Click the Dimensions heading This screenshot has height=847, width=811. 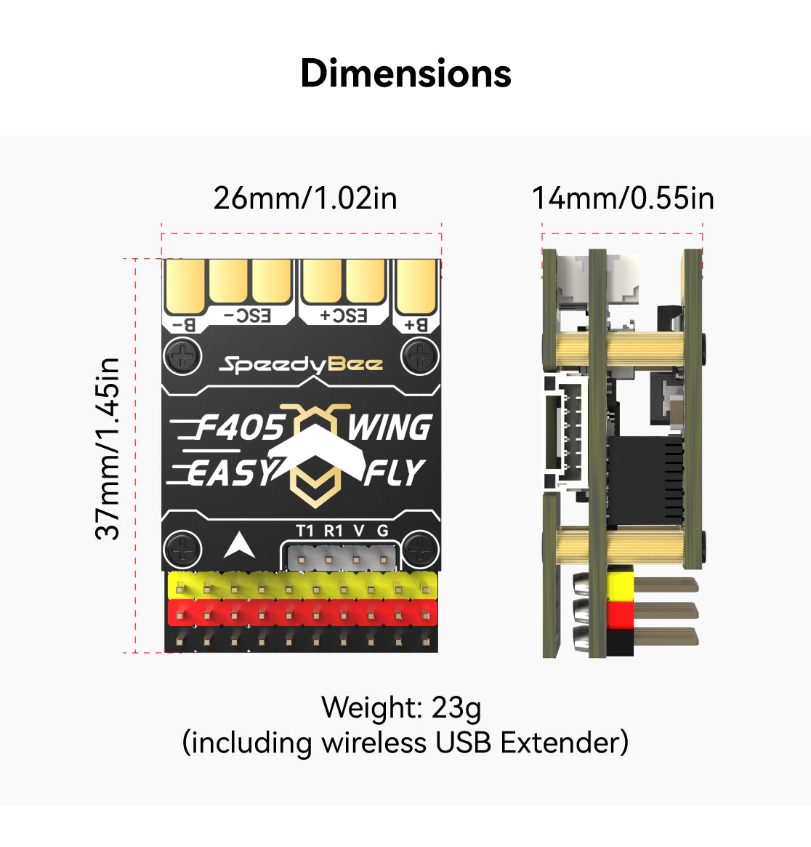click(405, 73)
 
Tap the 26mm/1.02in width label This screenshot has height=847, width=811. click(305, 198)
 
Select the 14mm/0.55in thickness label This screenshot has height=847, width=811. click(623, 198)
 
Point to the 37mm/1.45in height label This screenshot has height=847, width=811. click(108, 449)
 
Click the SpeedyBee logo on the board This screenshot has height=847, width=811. click(301, 364)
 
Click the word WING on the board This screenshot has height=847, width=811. click(390, 427)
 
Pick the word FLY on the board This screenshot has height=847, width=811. click(394, 473)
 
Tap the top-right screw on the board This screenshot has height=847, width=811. click(419, 356)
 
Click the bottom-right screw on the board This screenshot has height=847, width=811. click(419, 549)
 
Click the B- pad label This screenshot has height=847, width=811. click(185, 325)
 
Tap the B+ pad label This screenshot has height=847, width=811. click(416, 325)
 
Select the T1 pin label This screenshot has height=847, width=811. click(305, 531)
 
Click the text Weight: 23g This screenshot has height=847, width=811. click(401, 707)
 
